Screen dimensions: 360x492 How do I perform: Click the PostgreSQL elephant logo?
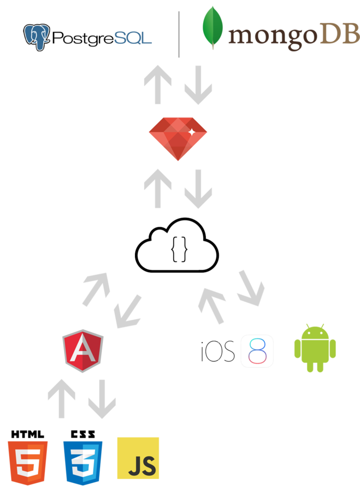[37, 37]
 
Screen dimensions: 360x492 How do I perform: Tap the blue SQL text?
[133, 38]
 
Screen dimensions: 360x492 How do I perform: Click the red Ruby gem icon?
[178, 134]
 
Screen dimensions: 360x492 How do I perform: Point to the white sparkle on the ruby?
[192, 132]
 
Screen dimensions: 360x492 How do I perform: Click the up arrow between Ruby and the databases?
[157, 84]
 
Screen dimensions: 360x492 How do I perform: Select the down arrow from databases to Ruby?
[198, 85]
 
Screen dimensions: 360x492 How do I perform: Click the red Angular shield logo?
[83, 350]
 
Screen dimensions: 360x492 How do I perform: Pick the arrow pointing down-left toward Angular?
[127, 312]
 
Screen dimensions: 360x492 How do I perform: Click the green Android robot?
[315, 348]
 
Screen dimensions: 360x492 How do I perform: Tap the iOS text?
[218, 350]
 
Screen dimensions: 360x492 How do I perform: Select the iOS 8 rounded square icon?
[257, 350]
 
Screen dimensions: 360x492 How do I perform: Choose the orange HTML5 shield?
[27, 462]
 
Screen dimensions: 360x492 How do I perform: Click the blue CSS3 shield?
[83, 462]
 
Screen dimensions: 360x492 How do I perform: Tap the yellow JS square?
[138, 458]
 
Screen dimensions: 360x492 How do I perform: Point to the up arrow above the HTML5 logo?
[61, 399]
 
